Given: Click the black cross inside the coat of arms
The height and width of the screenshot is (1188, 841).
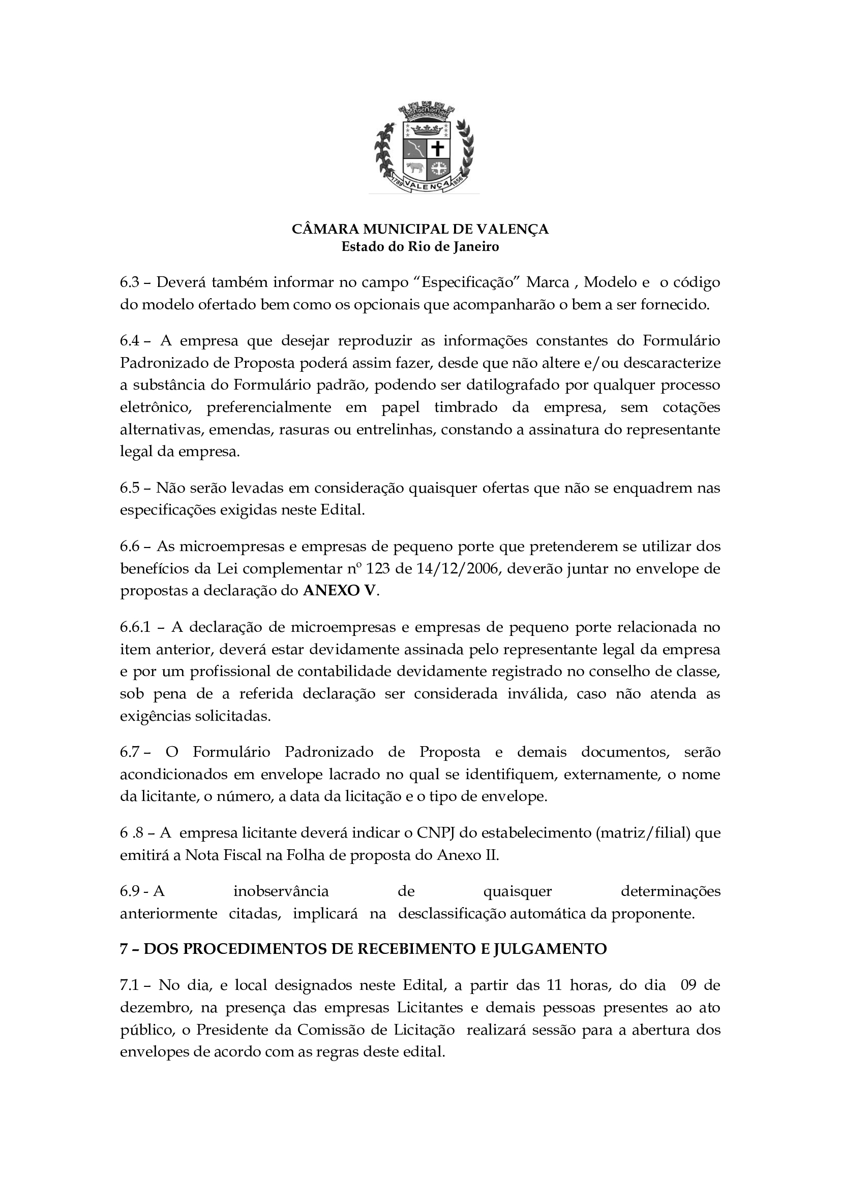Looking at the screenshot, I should click(x=438, y=149).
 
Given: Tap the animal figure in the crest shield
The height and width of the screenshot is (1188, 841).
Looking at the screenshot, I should click(x=414, y=168).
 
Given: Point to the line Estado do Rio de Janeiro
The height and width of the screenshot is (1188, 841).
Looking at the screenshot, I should click(x=420, y=247).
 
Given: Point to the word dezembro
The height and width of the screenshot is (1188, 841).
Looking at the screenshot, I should click(x=155, y=1008).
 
